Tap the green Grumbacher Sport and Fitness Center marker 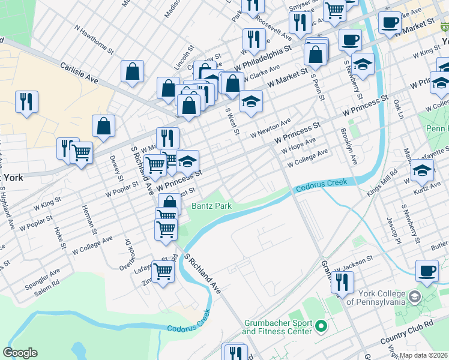click(x=321, y=326)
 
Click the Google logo click(x=20, y=353)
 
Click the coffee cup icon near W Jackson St click(x=427, y=271)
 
